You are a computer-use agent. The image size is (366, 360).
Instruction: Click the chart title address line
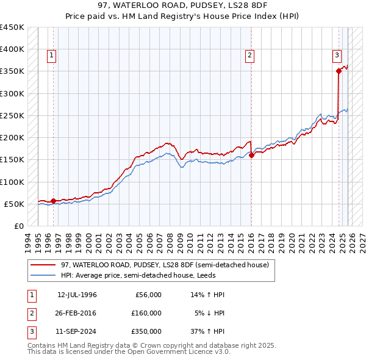tap(182, 5)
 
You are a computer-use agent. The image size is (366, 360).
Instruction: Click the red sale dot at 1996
tap(54, 201)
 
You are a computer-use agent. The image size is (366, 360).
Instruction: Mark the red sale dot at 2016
tap(252, 155)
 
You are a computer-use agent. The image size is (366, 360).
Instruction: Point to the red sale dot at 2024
tap(339, 71)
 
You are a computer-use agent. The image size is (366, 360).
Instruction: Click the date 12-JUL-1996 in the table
tap(77, 295)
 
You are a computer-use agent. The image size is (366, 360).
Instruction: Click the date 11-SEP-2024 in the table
tap(77, 331)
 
